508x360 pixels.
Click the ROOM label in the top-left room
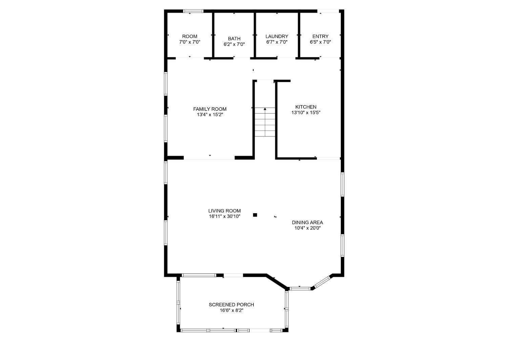tap(190, 37)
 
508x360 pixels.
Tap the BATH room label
tap(234, 39)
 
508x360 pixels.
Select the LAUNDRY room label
tap(277, 37)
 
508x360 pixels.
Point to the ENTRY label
tap(320, 37)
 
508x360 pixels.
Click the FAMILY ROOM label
tap(210, 109)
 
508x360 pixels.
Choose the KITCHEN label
tap(306, 107)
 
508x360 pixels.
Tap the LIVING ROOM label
tap(225, 211)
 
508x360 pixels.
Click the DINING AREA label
tap(307, 223)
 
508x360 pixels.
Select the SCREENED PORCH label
tap(231, 305)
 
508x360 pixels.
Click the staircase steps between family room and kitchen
tap(265, 125)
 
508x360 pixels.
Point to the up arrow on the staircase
tap(265, 109)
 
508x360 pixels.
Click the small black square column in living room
tap(255, 215)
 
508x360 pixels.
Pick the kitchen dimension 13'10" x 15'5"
tap(306, 113)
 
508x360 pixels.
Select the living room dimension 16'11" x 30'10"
tap(225, 217)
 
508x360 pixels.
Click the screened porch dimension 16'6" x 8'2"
tap(231, 310)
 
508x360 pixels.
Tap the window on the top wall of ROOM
tap(193, 11)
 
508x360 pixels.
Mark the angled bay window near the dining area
tap(321, 283)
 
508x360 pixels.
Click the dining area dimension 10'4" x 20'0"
tap(307, 228)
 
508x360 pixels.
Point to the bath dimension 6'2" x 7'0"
tap(234, 44)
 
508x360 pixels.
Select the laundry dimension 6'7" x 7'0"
tap(277, 42)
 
